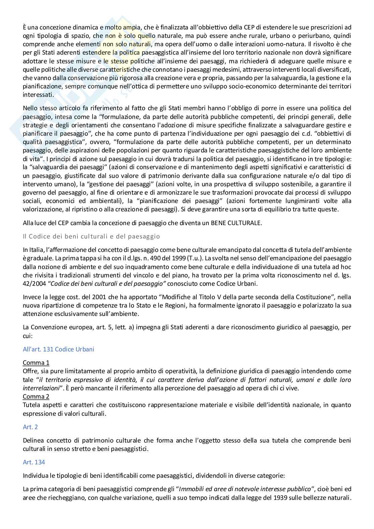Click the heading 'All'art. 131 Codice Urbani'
58,349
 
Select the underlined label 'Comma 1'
36,362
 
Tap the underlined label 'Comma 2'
36,396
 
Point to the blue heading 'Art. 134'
34,462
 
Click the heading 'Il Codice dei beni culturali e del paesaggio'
91,236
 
